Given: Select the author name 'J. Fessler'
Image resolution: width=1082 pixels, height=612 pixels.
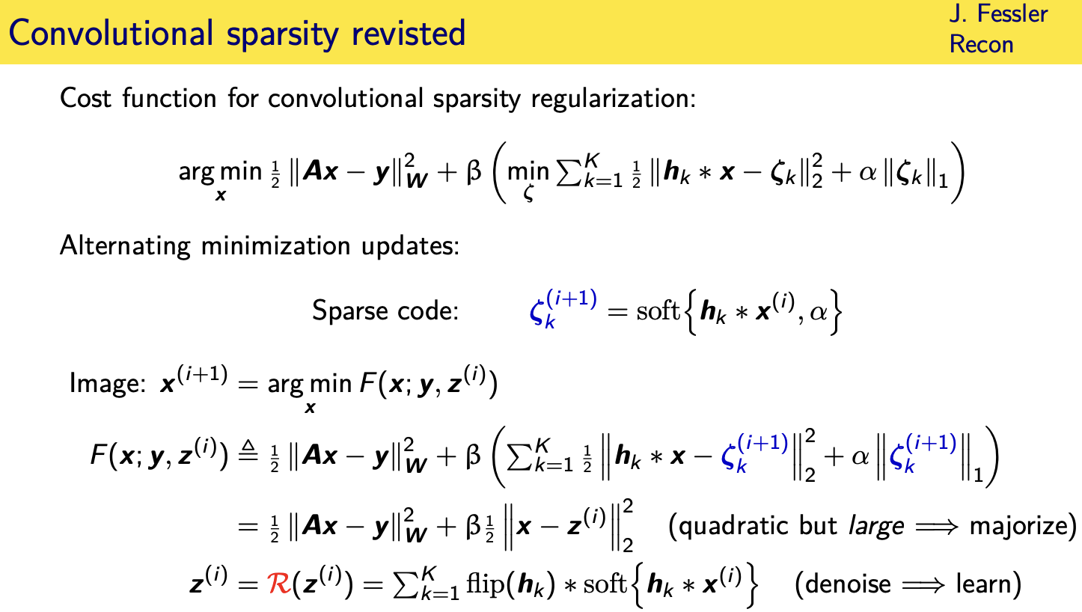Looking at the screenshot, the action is pyautogui.click(x=998, y=13).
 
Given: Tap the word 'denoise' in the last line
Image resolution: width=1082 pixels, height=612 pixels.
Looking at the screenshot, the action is pyautogui.click(x=845, y=583).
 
